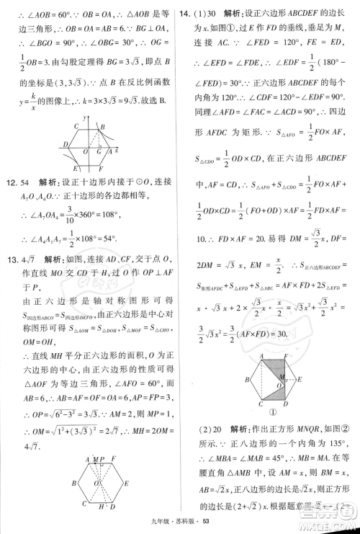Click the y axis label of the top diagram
tap(85, 117)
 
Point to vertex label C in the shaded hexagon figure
tap(261, 404)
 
